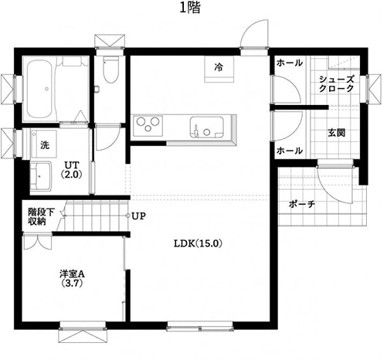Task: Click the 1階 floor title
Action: tap(190, 8)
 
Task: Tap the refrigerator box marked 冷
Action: tap(219, 70)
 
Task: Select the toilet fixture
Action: tap(110, 70)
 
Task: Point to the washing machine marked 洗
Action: tap(44, 144)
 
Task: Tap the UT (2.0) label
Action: tap(71, 170)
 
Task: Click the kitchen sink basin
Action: tap(207, 127)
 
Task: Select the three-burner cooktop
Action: tap(148, 126)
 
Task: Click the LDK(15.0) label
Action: tap(198, 243)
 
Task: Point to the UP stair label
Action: tap(138, 216)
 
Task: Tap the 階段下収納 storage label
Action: tap(41, 217)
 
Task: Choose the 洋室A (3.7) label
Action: tap(72, 278)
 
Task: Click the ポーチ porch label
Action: tap(301, 204)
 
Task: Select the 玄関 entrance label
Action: tap(336, 133)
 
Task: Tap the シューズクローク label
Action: tap(337, 83)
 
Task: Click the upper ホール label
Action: tap(290, 63)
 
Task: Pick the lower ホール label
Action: tap(290, 151)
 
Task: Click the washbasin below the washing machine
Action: tap(41, 176)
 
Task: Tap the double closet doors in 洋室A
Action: tap(38, 242)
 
